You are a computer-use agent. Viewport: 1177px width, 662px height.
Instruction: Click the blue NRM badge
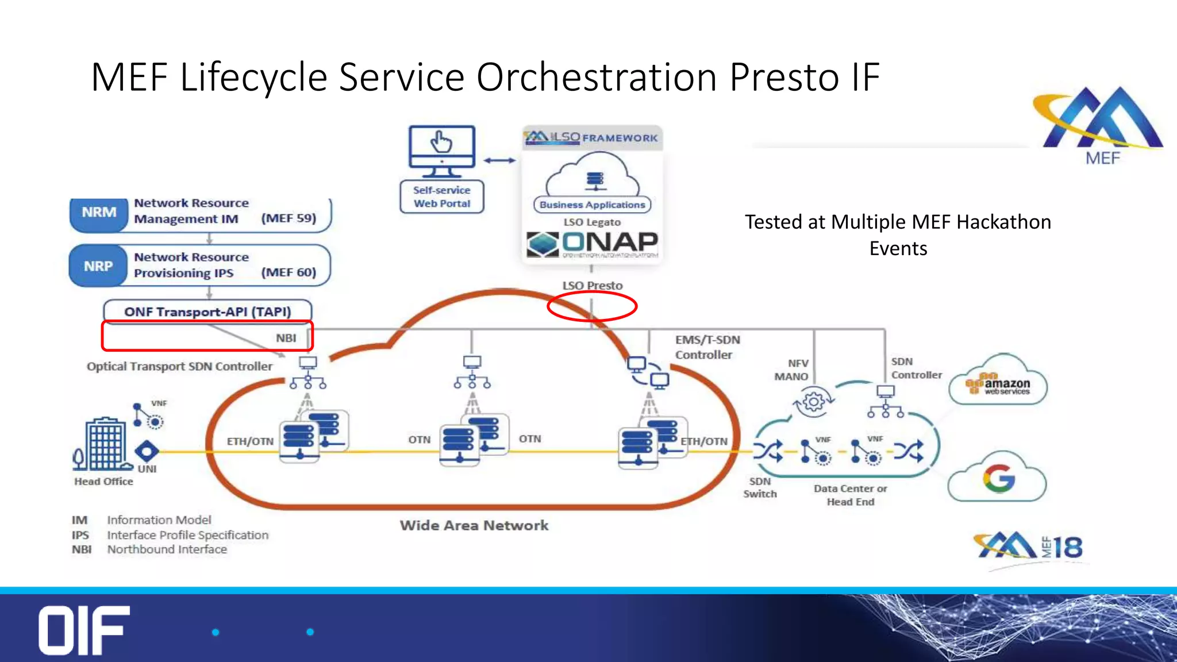tap(98, 213)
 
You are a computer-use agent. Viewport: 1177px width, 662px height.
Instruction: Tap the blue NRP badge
tap(98, 266)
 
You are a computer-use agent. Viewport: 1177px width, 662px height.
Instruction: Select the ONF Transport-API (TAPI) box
tap(207, 311)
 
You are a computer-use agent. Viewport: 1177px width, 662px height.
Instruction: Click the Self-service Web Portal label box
tap(441, 197)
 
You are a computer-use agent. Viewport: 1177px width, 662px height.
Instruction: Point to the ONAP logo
tap(593, 244)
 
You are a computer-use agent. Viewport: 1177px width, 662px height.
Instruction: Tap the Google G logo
tap(998, 478)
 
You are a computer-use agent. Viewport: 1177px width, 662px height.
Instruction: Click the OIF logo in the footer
tap(84, 630)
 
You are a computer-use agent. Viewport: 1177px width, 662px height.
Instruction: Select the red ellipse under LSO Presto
tap(592, 306)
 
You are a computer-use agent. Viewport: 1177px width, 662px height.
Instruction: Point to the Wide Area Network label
tap(474, 525)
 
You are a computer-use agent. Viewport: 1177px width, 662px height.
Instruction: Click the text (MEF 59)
tap(289, 218)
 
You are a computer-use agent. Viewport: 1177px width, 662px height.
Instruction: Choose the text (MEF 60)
tap(289, 272)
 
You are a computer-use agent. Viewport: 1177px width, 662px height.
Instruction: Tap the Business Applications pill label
tap(593, 205)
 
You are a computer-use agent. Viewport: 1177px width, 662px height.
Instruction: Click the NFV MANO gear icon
tap(813, 401)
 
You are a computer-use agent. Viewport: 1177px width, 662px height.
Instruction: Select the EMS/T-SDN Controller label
tap(707, 347)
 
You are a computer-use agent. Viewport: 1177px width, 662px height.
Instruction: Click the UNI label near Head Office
tap(147, 469)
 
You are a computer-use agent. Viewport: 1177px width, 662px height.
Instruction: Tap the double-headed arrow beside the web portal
tap(499, 160)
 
